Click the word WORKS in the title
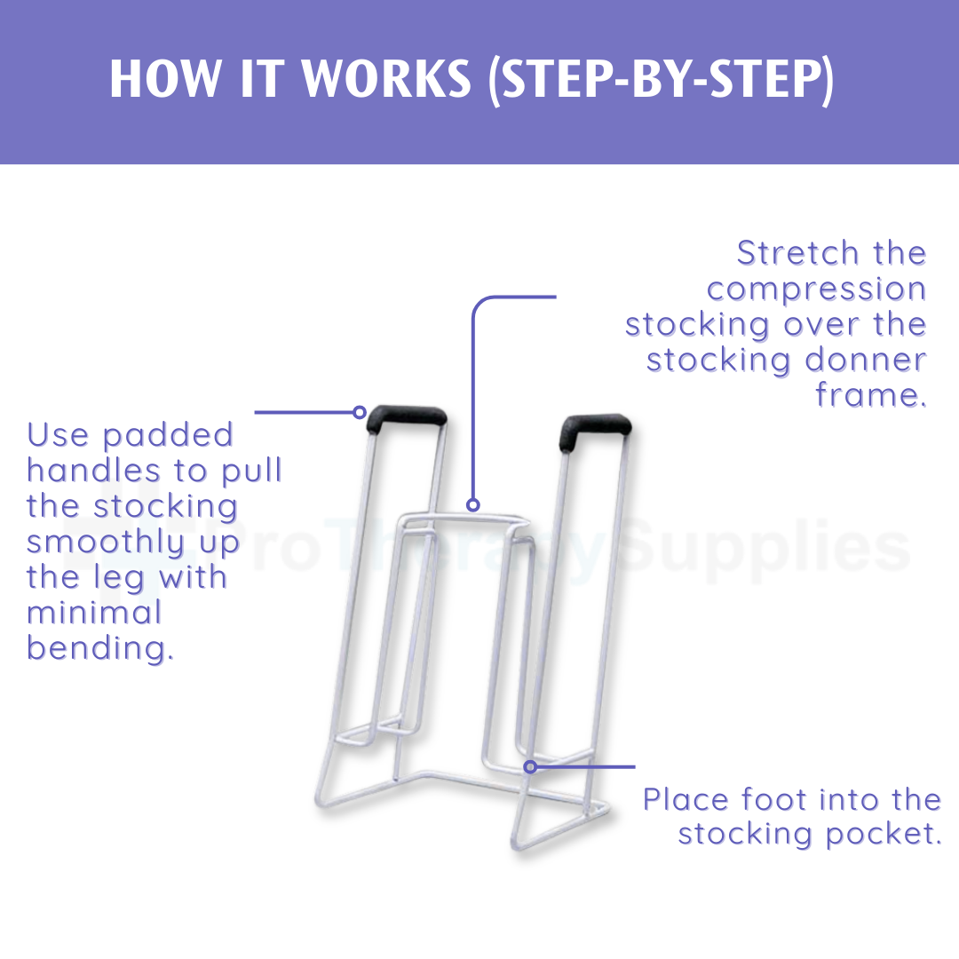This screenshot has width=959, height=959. (387, 81)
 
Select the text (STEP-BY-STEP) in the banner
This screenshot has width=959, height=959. (662, 81)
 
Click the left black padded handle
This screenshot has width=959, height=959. (408, 416)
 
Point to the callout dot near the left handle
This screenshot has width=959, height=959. (360, 412)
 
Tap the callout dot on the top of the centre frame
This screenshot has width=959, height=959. (473, 504)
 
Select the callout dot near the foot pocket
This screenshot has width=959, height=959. (530, 766)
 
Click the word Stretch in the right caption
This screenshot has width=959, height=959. (797, 254)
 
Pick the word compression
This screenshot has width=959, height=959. (816, 289)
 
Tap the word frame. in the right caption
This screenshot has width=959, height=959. (870, 395)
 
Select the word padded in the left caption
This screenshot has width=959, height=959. (168, 436)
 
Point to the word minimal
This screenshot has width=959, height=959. (94, 613)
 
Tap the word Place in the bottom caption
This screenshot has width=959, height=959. (686, 800)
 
